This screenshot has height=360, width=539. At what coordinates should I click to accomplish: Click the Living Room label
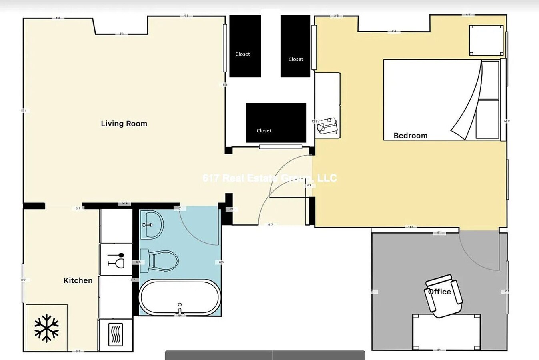pos(124,124)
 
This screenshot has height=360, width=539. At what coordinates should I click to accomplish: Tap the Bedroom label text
pos(410,136)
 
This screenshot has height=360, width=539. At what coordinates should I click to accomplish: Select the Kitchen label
pos(78,280)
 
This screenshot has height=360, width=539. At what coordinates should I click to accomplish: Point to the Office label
pos(439,292)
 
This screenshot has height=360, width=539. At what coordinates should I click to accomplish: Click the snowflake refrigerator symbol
pos(46,328)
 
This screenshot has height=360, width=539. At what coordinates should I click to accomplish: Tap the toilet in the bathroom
pos(160,260)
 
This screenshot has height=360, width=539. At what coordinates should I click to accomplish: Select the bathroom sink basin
pos(152,225)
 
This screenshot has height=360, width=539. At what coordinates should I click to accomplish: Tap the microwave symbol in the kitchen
pos(116,334)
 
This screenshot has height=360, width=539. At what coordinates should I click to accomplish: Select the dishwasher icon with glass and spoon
pos(116,260)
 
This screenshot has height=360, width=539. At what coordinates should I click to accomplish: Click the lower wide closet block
pos(276,123)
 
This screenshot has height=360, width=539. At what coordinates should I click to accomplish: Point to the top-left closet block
pos(245,46)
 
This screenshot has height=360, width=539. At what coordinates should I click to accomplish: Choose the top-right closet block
pos(295,46)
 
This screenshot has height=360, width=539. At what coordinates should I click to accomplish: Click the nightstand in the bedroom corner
pos(486,40)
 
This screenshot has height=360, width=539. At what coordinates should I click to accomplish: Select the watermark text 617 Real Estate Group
pos(270,178)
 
